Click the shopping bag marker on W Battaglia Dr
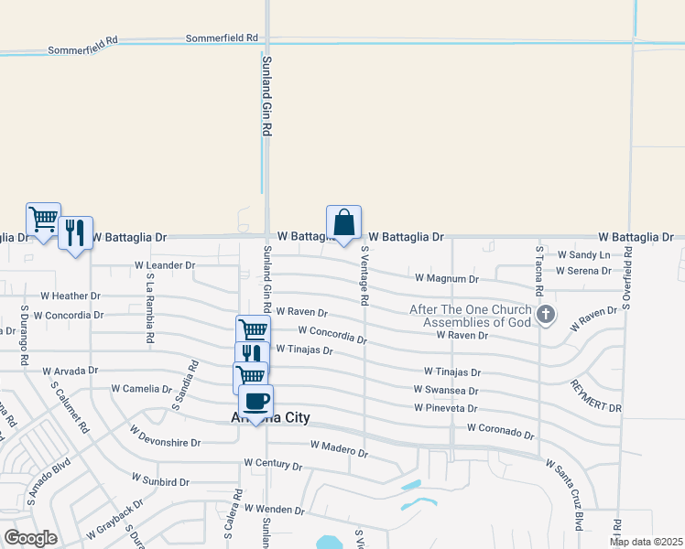[x=343, y=223]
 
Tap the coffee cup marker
[x=256, y=402]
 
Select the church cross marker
[x=546, y=316]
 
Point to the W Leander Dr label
[x=165, y=265]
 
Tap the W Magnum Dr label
[x=446, y=277]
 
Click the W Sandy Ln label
[x=583, y=254]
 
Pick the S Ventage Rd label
[x=364, y=274]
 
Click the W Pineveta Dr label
[x=446, y=407]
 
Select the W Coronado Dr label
[x=499, y=427]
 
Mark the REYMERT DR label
[x=596, y=395]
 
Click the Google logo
[x=30, y=538]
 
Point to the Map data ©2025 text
[x=645, y=542]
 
